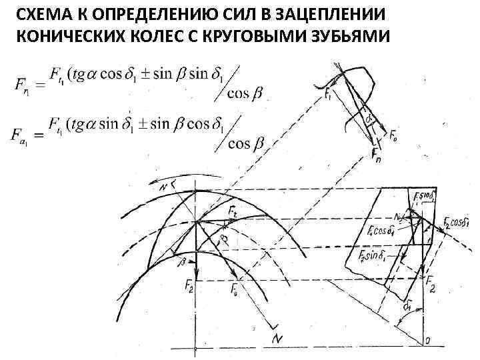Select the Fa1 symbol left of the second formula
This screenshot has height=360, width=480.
[24, 135]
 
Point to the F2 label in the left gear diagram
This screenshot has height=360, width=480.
[189, 285]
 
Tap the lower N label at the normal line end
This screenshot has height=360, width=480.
[277, 339]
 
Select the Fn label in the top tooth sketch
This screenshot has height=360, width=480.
[377, 158]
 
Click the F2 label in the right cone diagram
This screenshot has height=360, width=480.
[431, 286]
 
